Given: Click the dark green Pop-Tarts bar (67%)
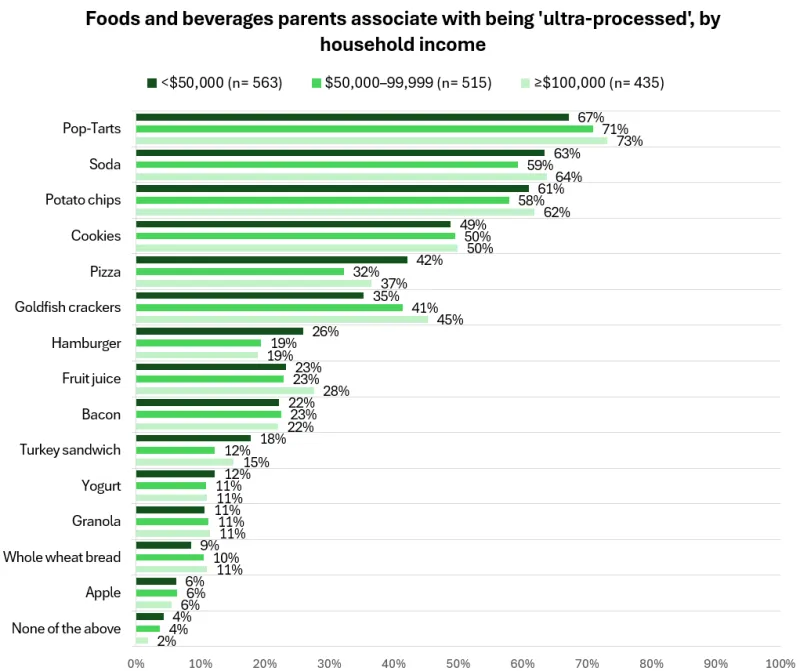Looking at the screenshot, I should [x=350, y=117].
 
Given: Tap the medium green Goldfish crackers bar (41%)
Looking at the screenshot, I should [x=268, y=307].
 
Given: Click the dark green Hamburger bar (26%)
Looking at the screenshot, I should [x=218, y=331].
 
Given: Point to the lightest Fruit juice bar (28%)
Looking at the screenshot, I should [x=225, y=390].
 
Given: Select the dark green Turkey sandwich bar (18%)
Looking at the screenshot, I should [x=192, y=438].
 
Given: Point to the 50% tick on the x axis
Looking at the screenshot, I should [x=457, y=662].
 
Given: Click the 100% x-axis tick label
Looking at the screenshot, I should [x=779, y=662].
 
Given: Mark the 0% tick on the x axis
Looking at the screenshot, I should [x=135, y=662].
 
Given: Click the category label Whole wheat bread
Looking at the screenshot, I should [x=62, y=557].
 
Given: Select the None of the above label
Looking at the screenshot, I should [x=66, y=628].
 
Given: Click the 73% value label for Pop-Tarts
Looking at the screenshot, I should [x=630, y=141].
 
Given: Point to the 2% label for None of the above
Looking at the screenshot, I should [x=164, y=641].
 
